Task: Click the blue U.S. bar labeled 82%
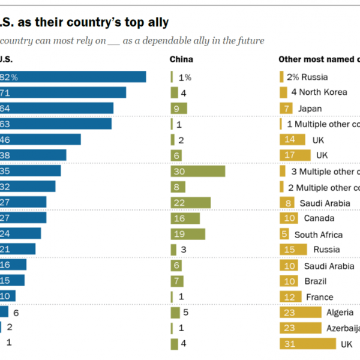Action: pyautogui.click(x=73, y=77)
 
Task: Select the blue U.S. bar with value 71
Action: pyautogui.click(x=63, y=92)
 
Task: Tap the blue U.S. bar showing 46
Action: pyautogui.click(x=40, y=139)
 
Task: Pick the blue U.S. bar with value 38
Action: pyautogui.click(x=33, y=155)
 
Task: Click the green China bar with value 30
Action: pyautogui.click(x=197, y=171)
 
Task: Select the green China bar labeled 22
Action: pyautogui.click(x=190, y=202)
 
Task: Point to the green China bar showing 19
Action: pyautogui.click(x=188, y=234)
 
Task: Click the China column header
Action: pyautogui.click(x=181, y=59)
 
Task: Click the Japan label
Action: pyautogui.click(x=310, y=108)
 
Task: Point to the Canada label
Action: pyautogui.click(x=319, y=218)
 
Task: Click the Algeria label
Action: pyautogui.click(x=340, y=312)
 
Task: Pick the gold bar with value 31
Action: pyautogui.click(x=307, y=344)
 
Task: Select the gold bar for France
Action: pyautogui.click(x=290, y=296)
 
